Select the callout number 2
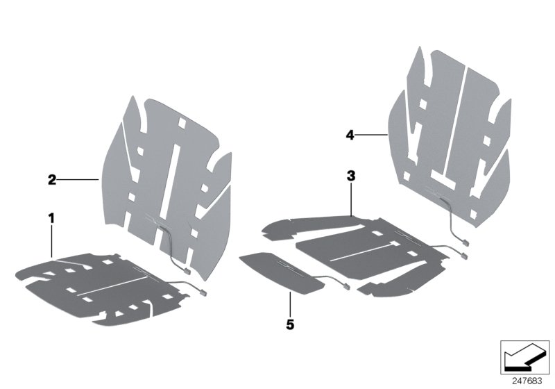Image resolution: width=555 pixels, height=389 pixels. click(x=52, y=180)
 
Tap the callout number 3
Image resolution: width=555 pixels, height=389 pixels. click(x=351, y=177)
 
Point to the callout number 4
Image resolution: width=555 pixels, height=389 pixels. click(x=350, y=135)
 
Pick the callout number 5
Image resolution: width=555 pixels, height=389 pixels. click(x=289, y=324)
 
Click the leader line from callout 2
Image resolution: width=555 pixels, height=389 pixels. click(x=78, y=180)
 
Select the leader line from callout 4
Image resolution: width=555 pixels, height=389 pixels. click(x=372, y=135)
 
